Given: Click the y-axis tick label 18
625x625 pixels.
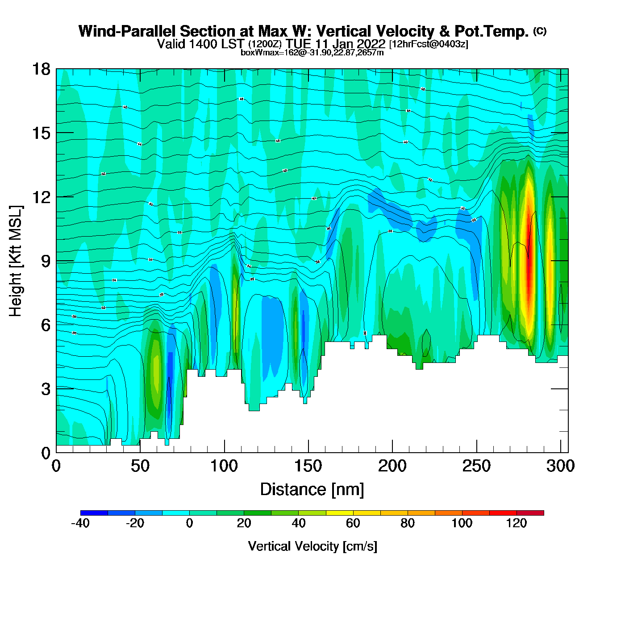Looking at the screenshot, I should (41, 69).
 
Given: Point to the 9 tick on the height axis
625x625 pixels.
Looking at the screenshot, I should (46, 261).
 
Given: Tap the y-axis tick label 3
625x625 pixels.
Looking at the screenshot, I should (46, 389).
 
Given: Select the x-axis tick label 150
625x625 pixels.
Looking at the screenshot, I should (308, 466).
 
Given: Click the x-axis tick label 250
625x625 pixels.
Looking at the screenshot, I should (476, 466).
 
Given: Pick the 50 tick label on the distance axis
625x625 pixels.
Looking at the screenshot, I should (140, 466).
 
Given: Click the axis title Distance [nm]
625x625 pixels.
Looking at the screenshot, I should (312, 489).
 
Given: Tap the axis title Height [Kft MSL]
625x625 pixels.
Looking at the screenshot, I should (16, 261).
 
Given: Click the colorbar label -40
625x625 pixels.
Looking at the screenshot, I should (80, 523).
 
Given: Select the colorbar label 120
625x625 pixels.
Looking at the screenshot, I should (517, 523).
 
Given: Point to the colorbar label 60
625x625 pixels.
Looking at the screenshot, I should (353, 523).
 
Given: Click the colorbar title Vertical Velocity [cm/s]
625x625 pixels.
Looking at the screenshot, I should (312, 546).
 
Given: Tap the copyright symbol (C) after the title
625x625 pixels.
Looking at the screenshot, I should (540, 31).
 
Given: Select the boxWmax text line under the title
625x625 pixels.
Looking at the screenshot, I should (312, 52).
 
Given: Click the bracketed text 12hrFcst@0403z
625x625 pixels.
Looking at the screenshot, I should (429, 44).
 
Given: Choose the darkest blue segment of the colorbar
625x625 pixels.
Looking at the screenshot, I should (94, 513).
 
